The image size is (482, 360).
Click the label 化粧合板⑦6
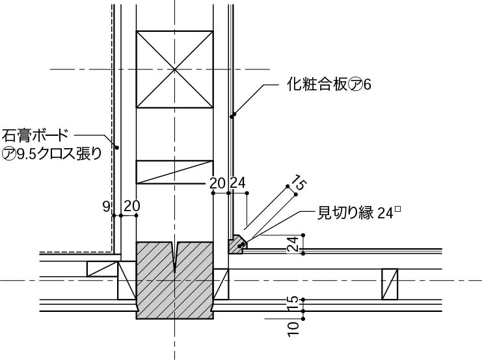329,84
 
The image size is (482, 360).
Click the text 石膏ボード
34,135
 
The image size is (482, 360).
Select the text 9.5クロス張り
59,153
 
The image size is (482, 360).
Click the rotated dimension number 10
293,329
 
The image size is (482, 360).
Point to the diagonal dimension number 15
299,183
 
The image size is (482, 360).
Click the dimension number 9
106,207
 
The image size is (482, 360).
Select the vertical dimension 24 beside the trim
293,244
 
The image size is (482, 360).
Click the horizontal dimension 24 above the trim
238,183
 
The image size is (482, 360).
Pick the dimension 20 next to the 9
132,206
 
